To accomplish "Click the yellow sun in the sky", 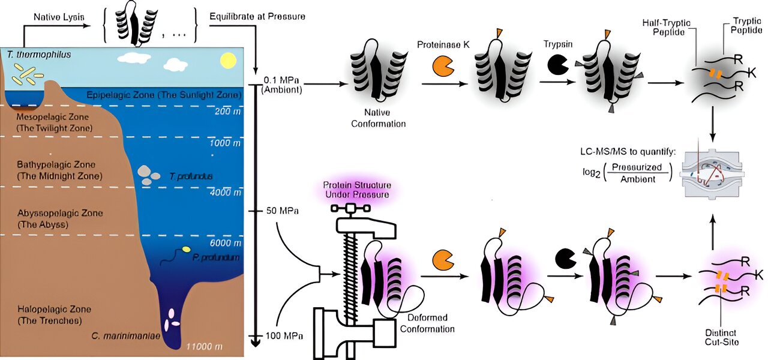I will point(228,61).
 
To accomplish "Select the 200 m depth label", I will point(227,112).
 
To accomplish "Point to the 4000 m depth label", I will point(225,193).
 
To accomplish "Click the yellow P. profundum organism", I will point(187,249).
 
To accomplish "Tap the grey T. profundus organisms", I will point(149,174).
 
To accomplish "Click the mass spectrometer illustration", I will point(715,170).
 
